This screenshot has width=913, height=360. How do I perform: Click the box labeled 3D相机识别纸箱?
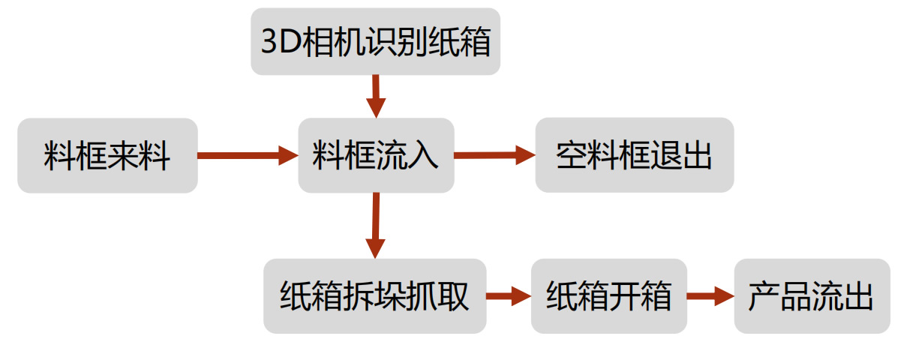[x=375, y=41]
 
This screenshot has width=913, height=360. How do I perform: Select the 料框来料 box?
[x=107, y=156]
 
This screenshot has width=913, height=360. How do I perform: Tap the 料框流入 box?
[x=376, y=156]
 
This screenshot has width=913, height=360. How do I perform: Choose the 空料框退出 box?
[x=634, y=156]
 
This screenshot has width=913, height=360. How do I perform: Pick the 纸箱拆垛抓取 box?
[x=374, y=296]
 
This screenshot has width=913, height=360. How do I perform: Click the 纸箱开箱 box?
[x=608, y=296]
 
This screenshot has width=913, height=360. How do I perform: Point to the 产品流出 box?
[x=811, y=296]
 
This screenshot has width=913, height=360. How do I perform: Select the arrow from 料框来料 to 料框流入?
[x=248, y=156]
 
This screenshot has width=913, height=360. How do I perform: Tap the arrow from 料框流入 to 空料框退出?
[x=494, y=155]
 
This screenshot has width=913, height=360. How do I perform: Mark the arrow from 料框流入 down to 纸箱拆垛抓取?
[x=375, y=225]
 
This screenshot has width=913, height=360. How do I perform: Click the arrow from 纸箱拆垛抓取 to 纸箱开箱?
[x=509, y=296]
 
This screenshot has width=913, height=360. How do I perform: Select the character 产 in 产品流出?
[x=764, y=297]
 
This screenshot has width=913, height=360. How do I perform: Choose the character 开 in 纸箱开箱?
[x=624, y=297]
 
